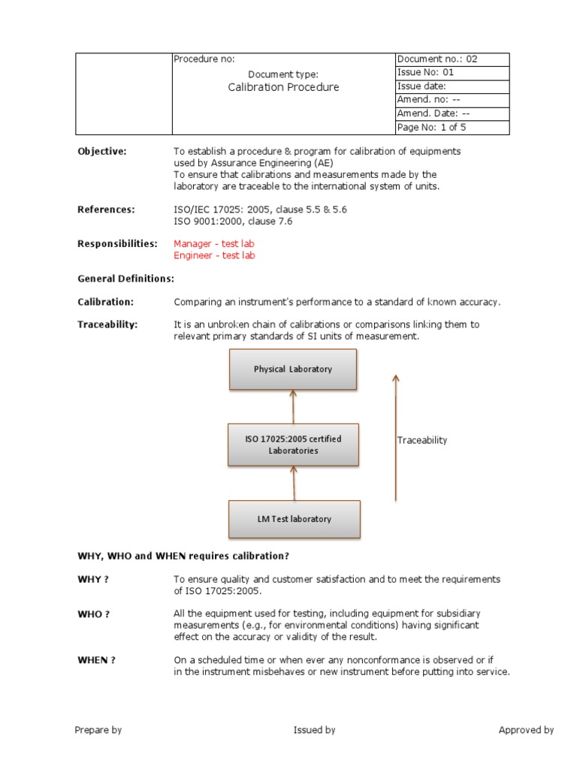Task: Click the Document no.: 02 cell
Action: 452,59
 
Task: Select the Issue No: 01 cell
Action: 452,73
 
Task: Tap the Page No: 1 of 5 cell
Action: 452,128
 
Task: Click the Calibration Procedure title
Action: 283,87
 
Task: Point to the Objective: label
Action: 102,151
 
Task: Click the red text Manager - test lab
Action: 214,243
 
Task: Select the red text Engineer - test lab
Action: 214,255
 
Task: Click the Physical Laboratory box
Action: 293,369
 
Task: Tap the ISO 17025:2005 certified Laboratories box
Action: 293,445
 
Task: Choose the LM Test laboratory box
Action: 293,519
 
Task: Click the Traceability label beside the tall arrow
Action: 421,440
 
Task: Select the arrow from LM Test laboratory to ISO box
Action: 294,482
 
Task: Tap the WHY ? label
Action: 94,580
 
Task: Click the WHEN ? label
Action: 97,660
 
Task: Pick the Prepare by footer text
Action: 98,730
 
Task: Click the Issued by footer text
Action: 314,730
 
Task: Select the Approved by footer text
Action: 526,730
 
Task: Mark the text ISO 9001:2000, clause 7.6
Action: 233,222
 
